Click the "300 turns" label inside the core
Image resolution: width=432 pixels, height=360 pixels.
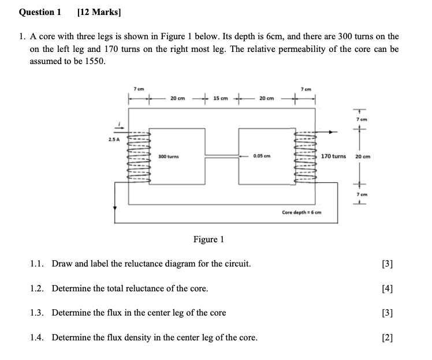click(168, 156)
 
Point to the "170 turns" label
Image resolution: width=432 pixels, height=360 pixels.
click(333, 156)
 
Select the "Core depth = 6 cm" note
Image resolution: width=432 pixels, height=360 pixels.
click(301, 212)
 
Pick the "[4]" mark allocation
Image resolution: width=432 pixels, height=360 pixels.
click(388, 288)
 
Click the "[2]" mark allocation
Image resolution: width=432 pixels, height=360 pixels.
click(388, 337)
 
